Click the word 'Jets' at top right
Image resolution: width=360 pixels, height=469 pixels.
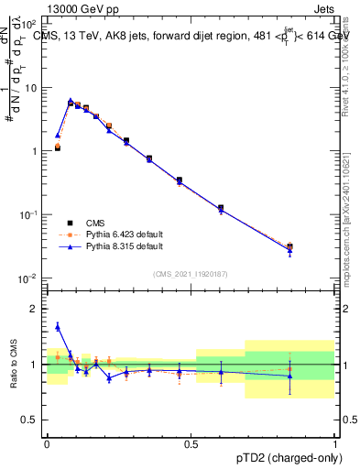click(322, 8)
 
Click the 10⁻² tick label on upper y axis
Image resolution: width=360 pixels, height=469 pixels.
click(29, 278)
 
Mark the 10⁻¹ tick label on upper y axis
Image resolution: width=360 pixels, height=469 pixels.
click(29, 214)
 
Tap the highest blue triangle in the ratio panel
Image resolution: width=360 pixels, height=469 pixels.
click(58, 325)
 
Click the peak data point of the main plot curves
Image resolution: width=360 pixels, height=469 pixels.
click(71, 102)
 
